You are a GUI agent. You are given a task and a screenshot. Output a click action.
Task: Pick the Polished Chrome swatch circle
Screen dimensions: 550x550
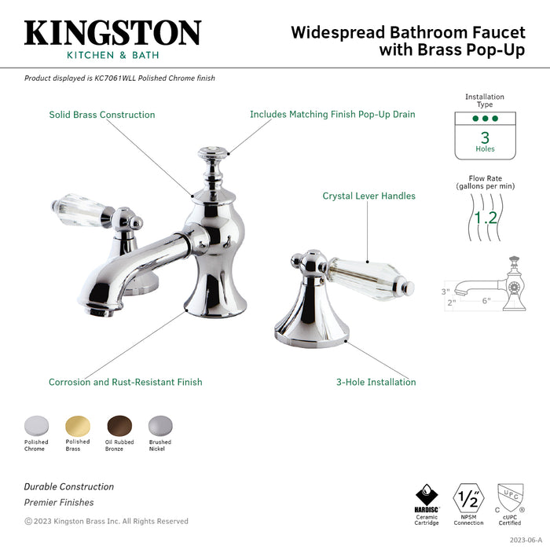(x=35, y=425)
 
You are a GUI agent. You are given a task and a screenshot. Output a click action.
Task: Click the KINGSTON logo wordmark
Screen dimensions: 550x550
(x=112, y=33)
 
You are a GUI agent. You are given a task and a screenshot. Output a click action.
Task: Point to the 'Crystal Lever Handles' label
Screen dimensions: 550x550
(x=368, y=196)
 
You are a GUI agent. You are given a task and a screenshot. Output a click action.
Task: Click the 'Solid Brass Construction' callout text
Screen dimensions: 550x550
(x=102, y=115)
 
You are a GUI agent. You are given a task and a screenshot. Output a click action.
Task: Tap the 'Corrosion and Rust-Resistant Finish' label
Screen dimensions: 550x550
(x=126, y=383)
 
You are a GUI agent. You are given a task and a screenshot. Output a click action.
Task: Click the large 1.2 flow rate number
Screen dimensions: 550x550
(x=485, y=216)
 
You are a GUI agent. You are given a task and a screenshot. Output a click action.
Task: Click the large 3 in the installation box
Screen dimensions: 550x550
(x=485, y=136)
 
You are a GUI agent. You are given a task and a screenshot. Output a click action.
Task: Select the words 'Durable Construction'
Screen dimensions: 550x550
(x=69, y=487)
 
